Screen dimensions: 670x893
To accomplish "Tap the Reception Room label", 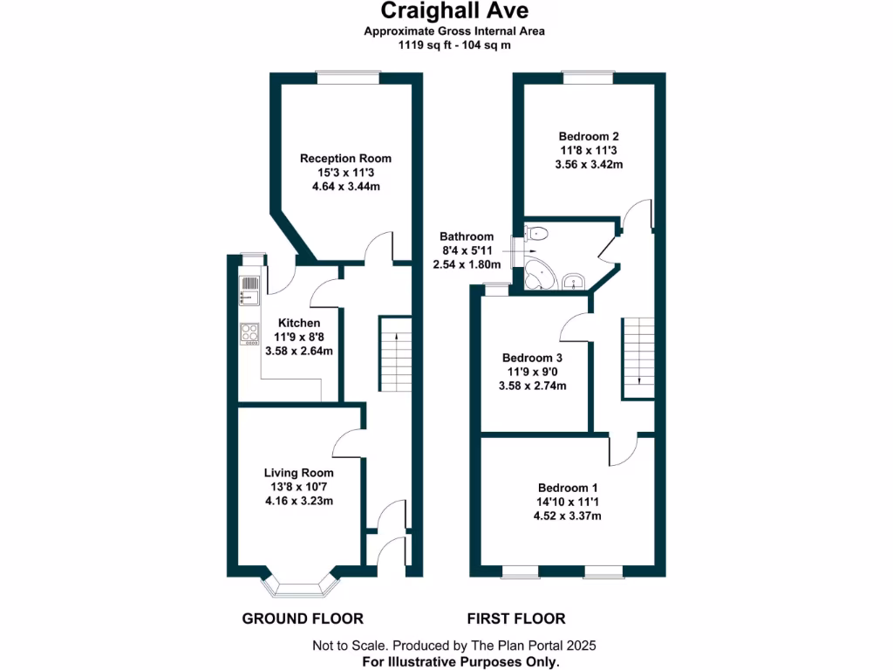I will [x=345, y=158].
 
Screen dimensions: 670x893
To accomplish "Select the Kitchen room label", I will [x=299, y=323].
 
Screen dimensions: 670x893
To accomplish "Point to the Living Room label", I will [x=299, y=473].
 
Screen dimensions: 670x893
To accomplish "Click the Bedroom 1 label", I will [x=567, y=487].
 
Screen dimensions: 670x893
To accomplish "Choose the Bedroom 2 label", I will [x=589, y=136].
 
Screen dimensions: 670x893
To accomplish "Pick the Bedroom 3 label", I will [x=532, y=358].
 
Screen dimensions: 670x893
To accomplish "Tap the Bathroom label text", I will [x=467, y=236].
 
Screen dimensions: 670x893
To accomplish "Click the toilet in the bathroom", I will [x=536, y=233].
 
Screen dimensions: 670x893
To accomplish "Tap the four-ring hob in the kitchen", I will [x=250, y=333].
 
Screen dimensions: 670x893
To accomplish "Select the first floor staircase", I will [x=637, y=358].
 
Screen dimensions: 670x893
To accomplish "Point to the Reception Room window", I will [x=348, y=79].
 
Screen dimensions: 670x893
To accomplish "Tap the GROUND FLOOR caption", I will [x=302, y=619].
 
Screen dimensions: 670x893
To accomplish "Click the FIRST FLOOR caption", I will [x=516, y=619].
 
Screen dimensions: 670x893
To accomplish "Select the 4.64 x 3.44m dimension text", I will [x=345, y=187].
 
